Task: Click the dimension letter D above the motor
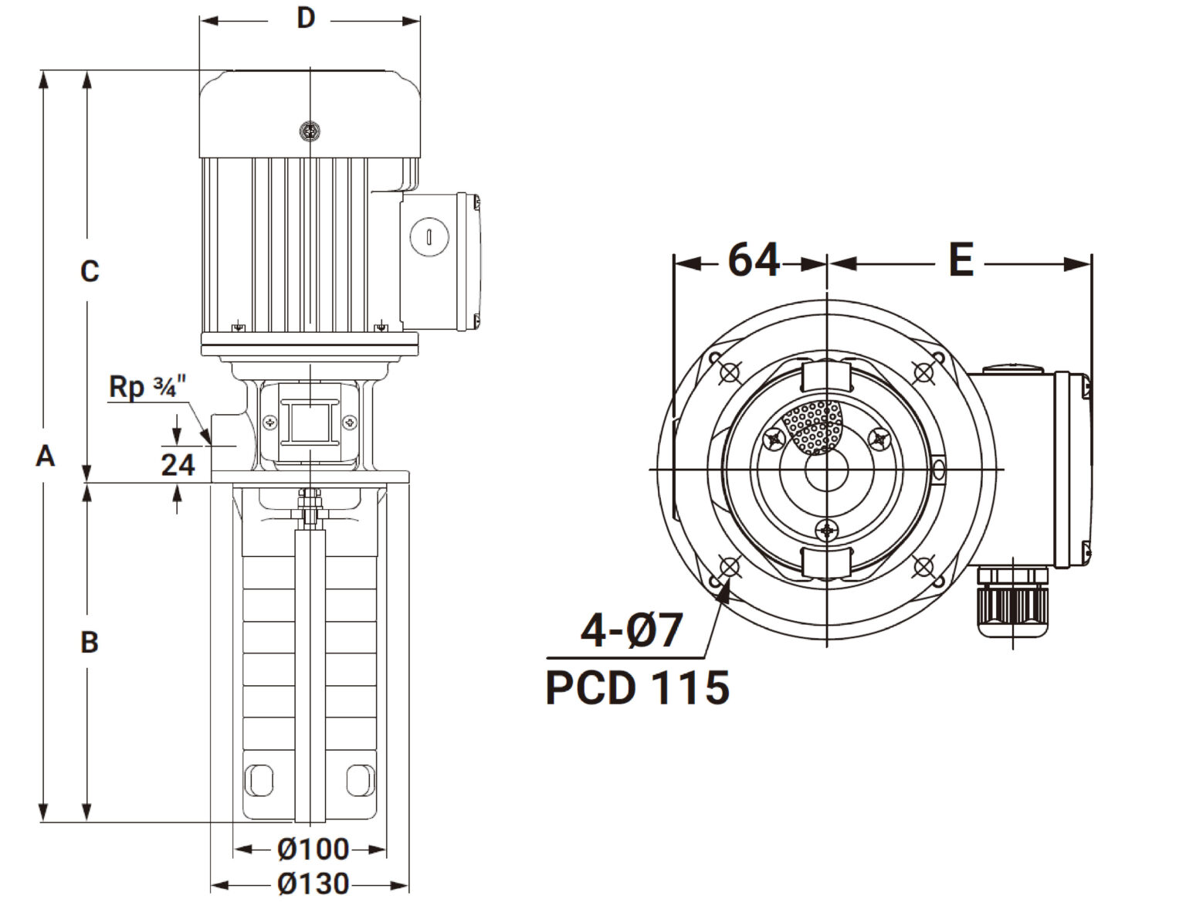(306, 19)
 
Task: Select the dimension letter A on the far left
(46, 456)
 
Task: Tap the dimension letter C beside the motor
(90, 271)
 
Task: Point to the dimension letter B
(90, 643)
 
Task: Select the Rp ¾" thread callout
(147, 387)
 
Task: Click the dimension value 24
(178, 465)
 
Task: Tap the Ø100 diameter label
(313, 850)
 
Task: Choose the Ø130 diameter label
(313, 884)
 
